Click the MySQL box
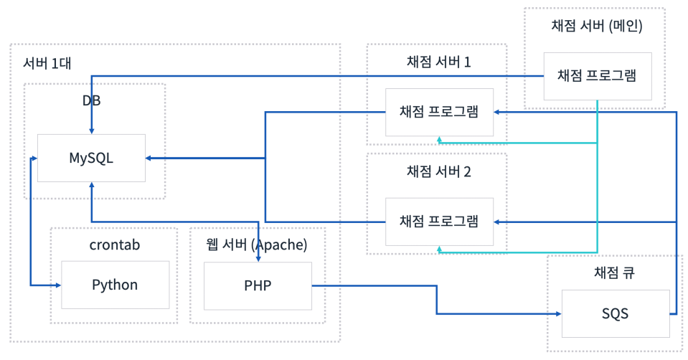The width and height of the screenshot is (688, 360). click(x=91, y=158)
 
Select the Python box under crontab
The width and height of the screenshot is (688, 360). click(x=115, y=285)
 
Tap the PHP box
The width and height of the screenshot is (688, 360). click(x=258, y=285)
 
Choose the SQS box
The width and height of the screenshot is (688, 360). click(x=616, y=313)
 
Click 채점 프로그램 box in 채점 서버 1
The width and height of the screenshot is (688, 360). click(x=439, y=112)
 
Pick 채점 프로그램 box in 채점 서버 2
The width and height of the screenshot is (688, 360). click(x=439, y=222)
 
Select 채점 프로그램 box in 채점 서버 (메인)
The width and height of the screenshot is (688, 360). click(x=597, y=75)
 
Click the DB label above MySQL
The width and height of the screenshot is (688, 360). click(x=91, y=100)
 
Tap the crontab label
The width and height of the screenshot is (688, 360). click(x=115, y=245)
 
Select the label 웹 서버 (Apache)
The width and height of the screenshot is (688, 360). click(x=256, y=245)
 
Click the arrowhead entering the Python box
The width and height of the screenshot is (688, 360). click(x=57, y=285)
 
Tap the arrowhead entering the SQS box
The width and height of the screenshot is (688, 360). click(x=558, y=313)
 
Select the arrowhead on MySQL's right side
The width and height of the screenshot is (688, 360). click(x=149, y=158)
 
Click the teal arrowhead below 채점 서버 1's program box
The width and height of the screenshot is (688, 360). click(x=439, y=139)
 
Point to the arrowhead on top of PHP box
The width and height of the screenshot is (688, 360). click(x=258, y=259)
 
